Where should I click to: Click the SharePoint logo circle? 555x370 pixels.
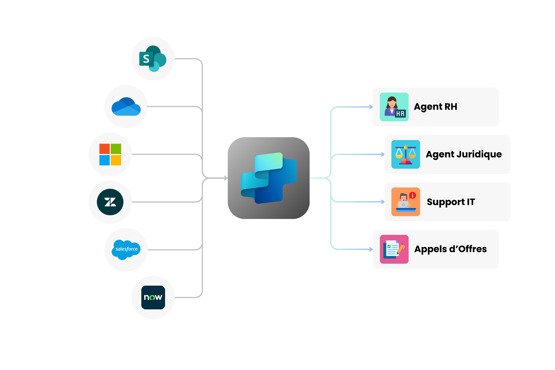click(153, 59)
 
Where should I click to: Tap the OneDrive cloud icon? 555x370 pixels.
click(126, 107)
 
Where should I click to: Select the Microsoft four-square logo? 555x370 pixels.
click(110, 155)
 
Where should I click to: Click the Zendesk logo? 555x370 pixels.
click(110, 202)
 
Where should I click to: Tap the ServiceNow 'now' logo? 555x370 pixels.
click(153, 298)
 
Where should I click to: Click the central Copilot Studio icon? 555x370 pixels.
click(269, 178)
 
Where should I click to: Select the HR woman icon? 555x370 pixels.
click(394, 107)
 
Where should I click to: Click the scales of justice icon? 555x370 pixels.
click(406, 155)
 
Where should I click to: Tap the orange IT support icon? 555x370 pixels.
click(406, 202)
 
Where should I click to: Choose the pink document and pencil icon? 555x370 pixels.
click(394, 249)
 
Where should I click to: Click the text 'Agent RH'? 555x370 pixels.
click(435, 107)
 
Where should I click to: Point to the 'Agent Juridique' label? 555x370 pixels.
click(464, 155)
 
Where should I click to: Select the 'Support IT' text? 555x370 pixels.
click(451, 202)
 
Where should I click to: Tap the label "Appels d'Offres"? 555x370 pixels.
click(450, 249)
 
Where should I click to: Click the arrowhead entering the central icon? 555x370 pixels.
click(226, 178)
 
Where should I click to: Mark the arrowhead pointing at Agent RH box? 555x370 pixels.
click(371, 107)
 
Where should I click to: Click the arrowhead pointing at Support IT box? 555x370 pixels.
click(383, 202)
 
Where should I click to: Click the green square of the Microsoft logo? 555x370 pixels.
click(116, 149)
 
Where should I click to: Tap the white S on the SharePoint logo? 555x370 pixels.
click(146, 59)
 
